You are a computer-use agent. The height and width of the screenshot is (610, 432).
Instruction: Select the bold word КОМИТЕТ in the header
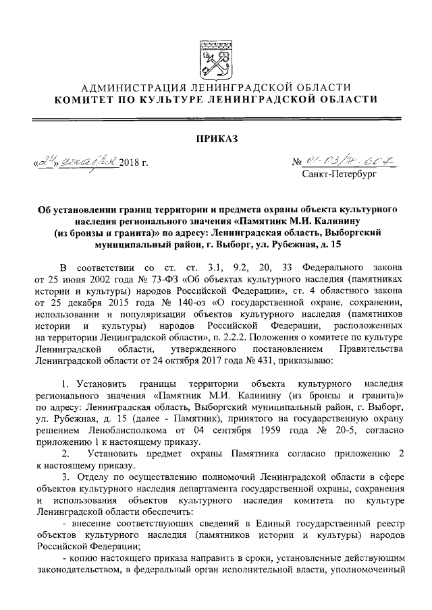pyautogui.click(x=84, y=99)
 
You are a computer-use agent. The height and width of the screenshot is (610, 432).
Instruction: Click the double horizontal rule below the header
pyautogui.click(x=216, y=119)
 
